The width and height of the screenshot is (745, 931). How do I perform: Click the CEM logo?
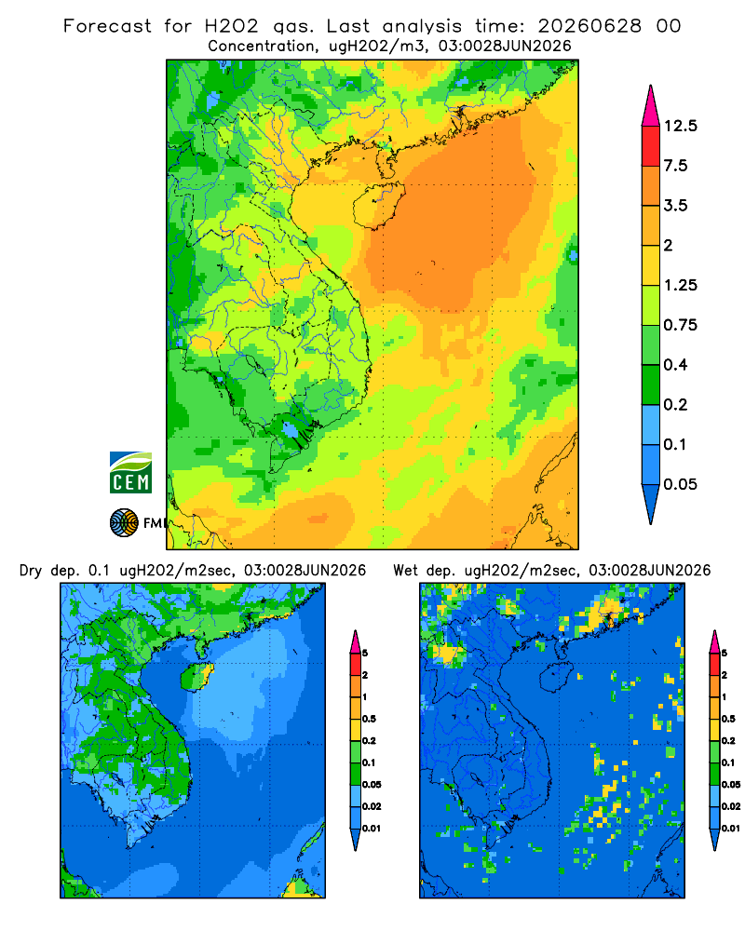coord(130,472)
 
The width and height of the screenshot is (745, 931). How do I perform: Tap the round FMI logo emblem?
coord(124,522)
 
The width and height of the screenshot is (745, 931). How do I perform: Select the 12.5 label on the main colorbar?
coord(680,126)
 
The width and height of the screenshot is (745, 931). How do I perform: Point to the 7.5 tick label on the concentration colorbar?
coord(675,166)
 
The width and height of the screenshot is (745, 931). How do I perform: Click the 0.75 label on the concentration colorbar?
coord(680,325)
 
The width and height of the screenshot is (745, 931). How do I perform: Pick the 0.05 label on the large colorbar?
coord(680,484)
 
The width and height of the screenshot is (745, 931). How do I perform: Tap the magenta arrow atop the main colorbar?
coord(651,107)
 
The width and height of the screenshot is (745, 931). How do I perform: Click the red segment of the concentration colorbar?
coord(651,146)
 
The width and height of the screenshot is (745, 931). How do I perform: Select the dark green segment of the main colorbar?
coord(651,385)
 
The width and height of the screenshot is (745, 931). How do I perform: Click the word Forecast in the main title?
coord(107,26)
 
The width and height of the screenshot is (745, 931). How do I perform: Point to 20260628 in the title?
coord(589,26)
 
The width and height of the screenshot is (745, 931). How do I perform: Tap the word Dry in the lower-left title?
coord(31,571)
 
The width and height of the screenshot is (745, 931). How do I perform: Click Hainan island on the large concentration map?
coord(378,205)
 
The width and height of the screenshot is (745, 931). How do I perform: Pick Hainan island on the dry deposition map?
coord(196,678)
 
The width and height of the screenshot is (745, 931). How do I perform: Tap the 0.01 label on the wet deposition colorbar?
coord(731,828)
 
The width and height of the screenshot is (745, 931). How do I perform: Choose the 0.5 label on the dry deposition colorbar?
coord(369,719)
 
